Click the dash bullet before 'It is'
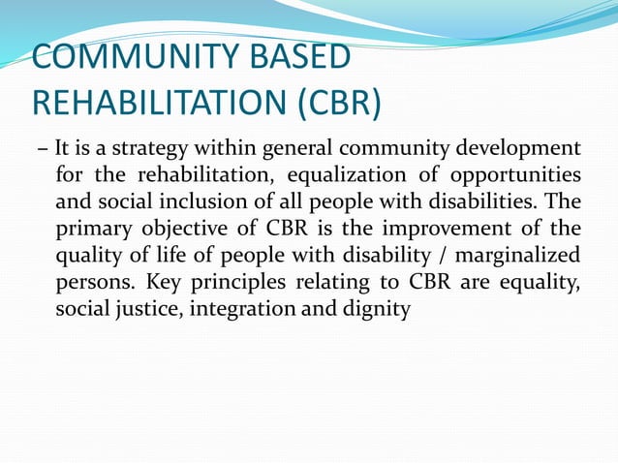pyautogui.click(x=42, y=150)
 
